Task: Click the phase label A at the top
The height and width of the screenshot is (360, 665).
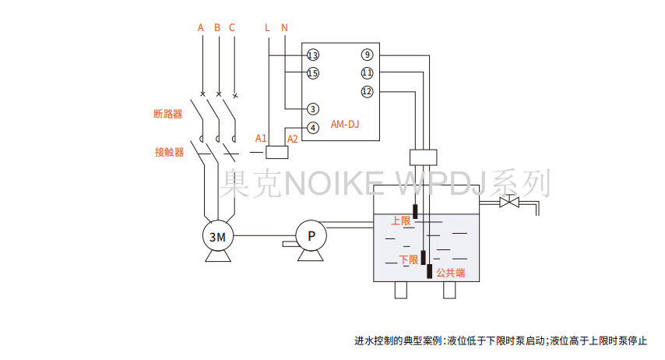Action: (201, 27)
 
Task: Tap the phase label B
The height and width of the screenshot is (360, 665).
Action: (217, 27)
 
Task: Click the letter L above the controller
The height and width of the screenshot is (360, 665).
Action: (268, 27)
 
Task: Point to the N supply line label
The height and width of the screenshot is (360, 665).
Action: (284, 27)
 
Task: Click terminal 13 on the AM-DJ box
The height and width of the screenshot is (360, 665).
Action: (313, 55)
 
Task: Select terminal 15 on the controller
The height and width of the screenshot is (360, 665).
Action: (313, 73)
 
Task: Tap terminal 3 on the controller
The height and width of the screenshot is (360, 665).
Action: (312, 109)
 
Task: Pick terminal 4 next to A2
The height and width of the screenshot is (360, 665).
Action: (312, 127)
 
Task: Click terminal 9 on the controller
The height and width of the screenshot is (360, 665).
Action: (368, 55)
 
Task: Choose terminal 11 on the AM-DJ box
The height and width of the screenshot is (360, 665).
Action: (368, 72)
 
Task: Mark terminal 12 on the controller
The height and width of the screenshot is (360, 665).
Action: (368, 91)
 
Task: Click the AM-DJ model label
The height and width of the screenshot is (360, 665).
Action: (345, 124)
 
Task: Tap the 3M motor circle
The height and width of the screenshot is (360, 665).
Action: (218, 235)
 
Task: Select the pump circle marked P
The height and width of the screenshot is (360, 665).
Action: (310, 235)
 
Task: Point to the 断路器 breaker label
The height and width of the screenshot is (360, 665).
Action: (167, 114)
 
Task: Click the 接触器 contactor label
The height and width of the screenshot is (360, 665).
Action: (169, 152)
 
